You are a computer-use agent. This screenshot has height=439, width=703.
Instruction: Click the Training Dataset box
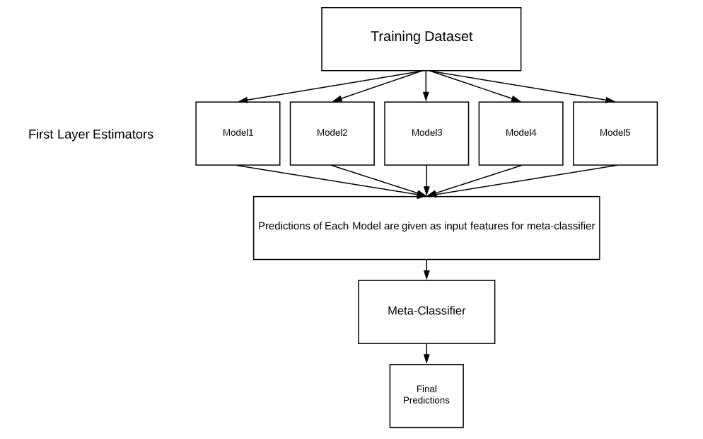click(422, 38)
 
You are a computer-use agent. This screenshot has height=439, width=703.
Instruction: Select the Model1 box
click(238, 133)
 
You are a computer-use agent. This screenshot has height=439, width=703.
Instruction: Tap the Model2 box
click(332, 133)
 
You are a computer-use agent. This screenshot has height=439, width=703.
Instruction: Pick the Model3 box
click(426, 133)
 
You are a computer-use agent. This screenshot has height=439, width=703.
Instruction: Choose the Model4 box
click(521, 133)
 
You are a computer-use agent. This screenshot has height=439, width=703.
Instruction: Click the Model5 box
click(615, 133)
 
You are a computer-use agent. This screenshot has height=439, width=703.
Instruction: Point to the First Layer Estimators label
click(91, 135)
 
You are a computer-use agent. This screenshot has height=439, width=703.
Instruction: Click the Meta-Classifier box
click(426, 311)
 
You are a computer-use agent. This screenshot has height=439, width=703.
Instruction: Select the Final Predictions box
click(426, 395)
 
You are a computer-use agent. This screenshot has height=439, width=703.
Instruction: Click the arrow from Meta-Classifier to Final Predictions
click(426, 353)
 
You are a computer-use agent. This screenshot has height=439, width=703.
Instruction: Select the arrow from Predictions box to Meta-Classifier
click(426, 270)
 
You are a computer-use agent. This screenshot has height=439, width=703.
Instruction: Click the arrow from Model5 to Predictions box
click(522, 180)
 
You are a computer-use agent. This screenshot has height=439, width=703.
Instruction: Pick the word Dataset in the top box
click(448, 37)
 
